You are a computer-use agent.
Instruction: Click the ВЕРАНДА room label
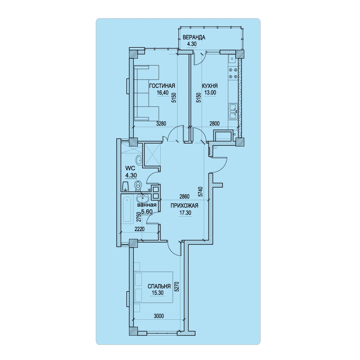[194, 37]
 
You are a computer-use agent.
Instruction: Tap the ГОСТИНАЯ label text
[162, 86]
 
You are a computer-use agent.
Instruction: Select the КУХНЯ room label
[210, 86]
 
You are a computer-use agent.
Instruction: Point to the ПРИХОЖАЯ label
[184, 206]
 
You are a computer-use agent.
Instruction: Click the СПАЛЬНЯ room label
[159, 286]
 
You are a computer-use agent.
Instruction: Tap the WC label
[130, 168]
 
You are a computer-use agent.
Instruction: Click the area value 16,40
[163, 93]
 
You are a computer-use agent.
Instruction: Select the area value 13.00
[210, 93]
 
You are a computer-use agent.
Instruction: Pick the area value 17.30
[185, 213]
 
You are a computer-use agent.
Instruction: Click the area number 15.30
[158, 293]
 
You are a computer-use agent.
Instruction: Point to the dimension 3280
[161, 123]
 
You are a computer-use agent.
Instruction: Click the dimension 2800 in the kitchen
[215, 123]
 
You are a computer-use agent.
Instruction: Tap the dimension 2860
[185, 197]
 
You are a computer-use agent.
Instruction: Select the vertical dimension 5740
[200, 192]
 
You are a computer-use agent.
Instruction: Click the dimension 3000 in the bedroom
[159, 316]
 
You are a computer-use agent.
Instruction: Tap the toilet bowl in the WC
[138, 185]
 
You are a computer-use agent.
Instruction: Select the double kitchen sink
[233, 112]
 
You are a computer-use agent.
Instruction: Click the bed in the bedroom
[153, 287]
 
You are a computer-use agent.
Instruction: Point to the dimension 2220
[140, 229]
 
